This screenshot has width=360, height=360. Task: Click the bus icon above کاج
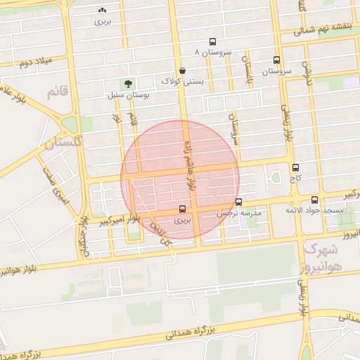coord(295,168)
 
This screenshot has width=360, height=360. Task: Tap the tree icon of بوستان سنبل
coord(127,84)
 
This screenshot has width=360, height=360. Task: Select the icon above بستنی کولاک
coord(183,70)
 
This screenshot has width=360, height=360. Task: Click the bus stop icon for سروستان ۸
coord(213,41)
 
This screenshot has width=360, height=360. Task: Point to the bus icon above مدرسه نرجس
coord(238,202)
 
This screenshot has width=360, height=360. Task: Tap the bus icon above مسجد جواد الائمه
coord(314,200)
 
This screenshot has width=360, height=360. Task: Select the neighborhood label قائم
coord(57,92)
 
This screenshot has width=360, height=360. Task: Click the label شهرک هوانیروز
coord(326,257)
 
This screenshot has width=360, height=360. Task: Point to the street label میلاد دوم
coord(37,63)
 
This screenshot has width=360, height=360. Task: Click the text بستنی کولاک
coord(183,82)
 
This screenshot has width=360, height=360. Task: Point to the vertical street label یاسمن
coord(247,67)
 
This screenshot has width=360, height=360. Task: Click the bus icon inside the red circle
coord(183,209)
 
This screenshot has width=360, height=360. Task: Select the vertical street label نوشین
coord(307,71)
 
